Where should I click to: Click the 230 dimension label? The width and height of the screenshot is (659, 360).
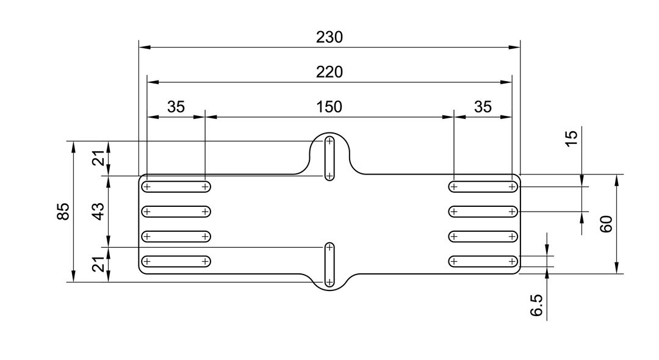pos(329,37)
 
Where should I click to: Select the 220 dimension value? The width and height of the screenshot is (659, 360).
pos(329,72)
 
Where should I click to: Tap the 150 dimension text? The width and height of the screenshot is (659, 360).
pos(329,107)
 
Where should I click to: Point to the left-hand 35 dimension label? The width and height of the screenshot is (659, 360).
pos(176,107)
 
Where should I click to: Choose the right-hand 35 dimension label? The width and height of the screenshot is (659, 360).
pos(483,107)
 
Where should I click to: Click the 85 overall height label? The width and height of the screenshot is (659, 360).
pos(63,211)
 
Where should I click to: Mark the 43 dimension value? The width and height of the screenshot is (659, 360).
pos(98,211)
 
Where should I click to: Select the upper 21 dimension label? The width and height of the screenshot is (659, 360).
pos(98,159)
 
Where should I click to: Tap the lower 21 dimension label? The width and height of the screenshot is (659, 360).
pos(98,264)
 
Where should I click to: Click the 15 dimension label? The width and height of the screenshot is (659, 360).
pos(572,138)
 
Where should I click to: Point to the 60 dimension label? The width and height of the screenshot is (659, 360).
pos(607,224)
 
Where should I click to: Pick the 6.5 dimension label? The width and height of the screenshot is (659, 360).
pos(537,305)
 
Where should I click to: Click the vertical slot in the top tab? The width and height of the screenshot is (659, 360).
pos(329,158)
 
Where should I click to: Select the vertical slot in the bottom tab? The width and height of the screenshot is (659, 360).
pos(329,265)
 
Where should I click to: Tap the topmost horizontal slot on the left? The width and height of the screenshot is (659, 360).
pos(176,187)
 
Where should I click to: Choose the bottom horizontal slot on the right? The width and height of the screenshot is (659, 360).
pos(483,261)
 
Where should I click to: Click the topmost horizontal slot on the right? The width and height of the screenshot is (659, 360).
pos(483,187)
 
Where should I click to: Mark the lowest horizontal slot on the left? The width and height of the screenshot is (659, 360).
pos(176,261)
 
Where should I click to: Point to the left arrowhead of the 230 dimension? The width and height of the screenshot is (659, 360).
pos(145,47)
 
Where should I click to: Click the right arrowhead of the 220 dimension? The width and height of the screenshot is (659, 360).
pos(506,82)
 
